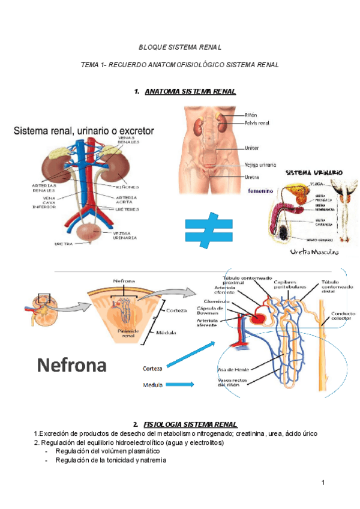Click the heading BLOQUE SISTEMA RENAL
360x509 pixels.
(180, 46)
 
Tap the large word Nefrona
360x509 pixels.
(73, 364)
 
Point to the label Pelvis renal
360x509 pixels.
(257, 124)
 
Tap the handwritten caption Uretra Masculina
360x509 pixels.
(314, 253)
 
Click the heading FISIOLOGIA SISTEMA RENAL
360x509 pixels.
(190, 424)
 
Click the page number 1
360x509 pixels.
(322, 483)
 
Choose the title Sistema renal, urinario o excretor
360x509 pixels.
(84, 130)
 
